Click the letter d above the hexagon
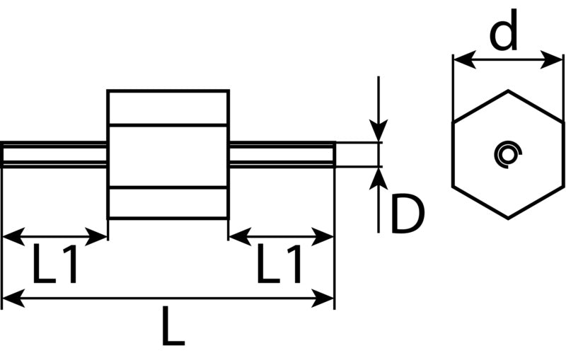(504, 30)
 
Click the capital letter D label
(407, 213)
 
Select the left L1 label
(55, 264)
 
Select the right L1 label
(279, 264)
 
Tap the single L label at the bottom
(173, 326)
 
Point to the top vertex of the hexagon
(508, 91)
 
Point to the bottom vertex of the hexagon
(508, 219)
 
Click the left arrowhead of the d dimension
(465, 59)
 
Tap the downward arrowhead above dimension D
(379, 130)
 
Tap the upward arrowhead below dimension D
(379, 178)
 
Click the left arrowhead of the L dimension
(13, 298)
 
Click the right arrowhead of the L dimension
(323, 298)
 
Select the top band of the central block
(168, 108)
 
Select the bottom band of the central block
(168, 203)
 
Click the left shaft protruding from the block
(54, 155)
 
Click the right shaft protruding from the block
(282, 155)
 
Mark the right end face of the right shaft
(334, 155)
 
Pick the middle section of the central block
(168, 156)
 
